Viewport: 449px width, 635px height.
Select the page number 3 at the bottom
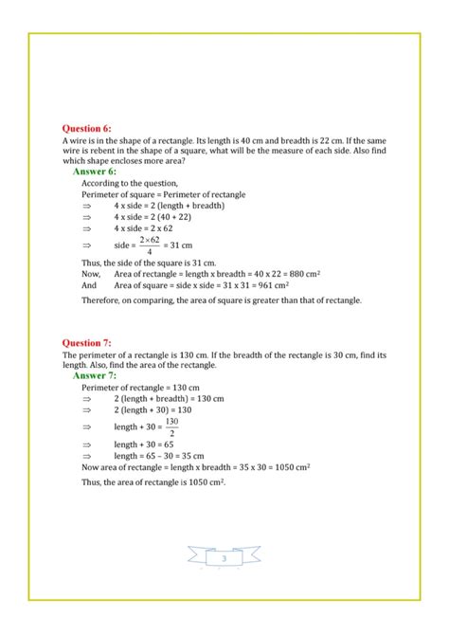pyautogui.click(x=224, y=560)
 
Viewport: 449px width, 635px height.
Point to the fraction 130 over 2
pyautogui.click(x=171, y=426)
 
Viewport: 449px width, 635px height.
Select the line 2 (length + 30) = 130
pyautogui.click(x=153, y=409)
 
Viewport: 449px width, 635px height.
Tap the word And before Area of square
pyautogui.click(x=89, y=284)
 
